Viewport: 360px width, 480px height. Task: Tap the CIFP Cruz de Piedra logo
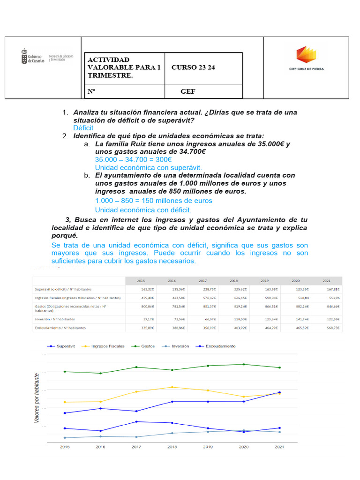[x=307, y=59]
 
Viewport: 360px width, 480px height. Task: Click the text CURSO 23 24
[x=193, y=67]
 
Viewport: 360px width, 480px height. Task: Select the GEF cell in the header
[x=188, y=91]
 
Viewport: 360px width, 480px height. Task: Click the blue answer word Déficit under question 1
[x=83, y=128]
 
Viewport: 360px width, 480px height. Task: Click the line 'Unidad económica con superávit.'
[x=148, y=167]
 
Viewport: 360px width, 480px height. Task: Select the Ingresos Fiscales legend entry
[x=104, y=346]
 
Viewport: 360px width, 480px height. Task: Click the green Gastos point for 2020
[x=243, y=364]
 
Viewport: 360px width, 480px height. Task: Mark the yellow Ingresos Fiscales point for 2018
[x=172, y=387]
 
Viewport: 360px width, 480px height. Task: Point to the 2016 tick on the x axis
[x=101, y=447]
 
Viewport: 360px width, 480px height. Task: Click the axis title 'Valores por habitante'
[x=37, y=398]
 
